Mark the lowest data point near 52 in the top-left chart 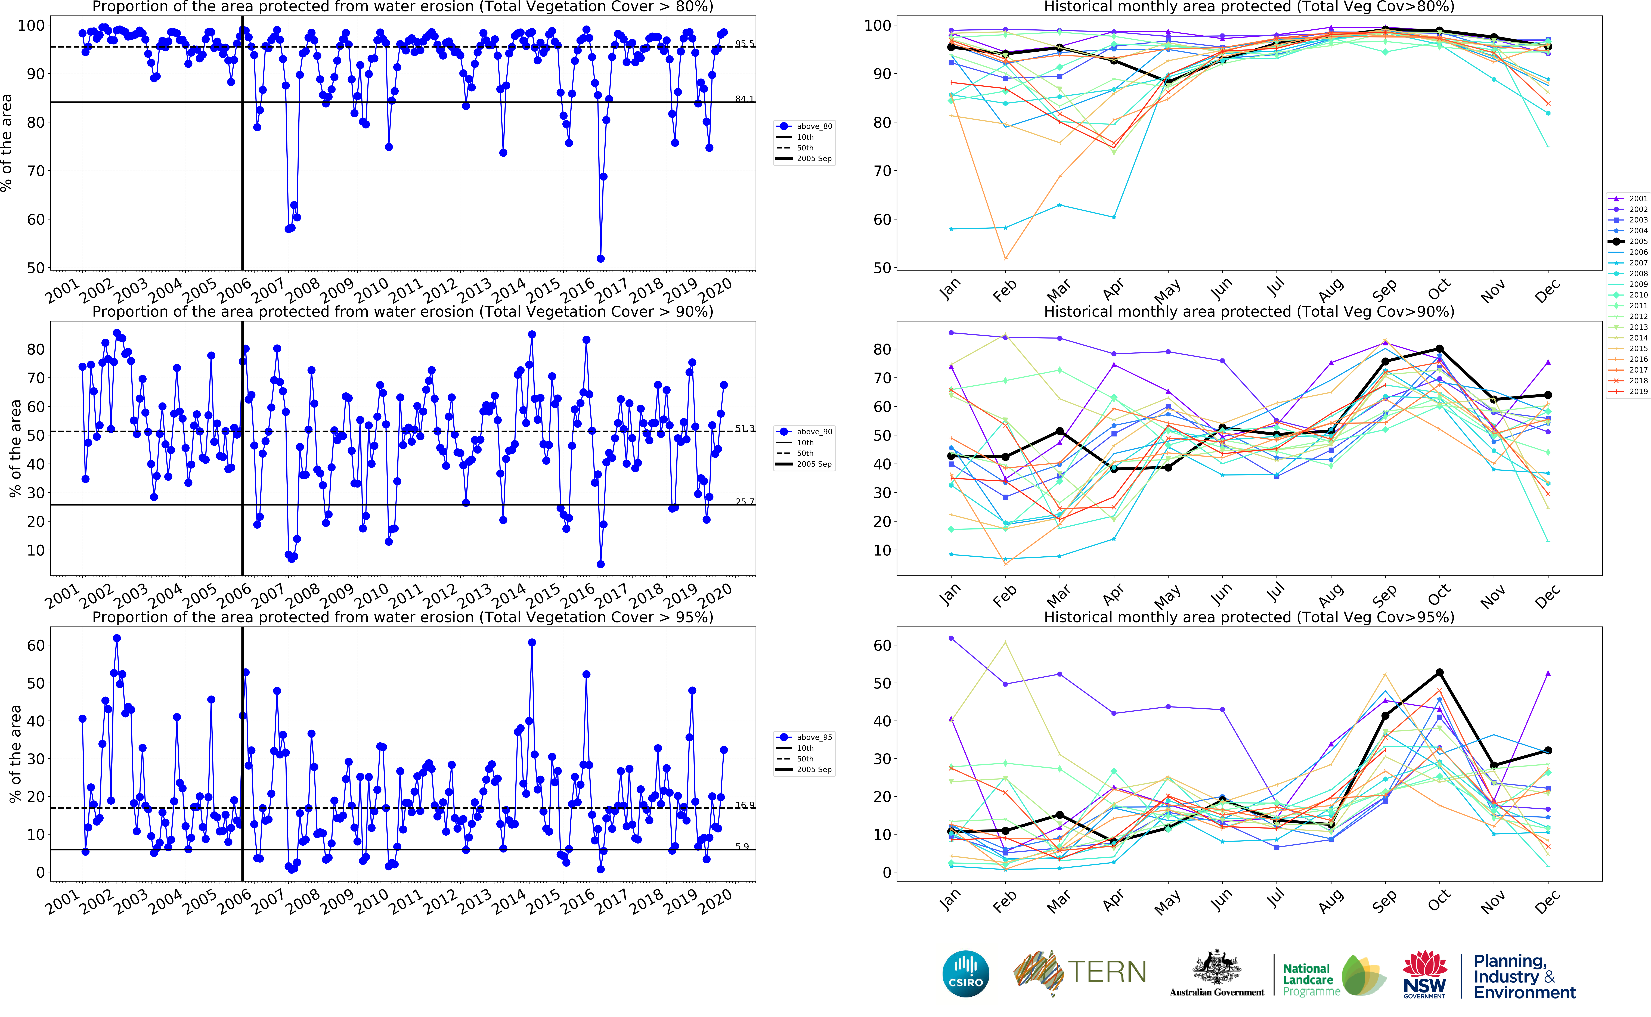click(600, 259)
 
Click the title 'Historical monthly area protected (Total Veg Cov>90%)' click(1249, 311)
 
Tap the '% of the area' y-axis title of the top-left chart click(7, 143)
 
